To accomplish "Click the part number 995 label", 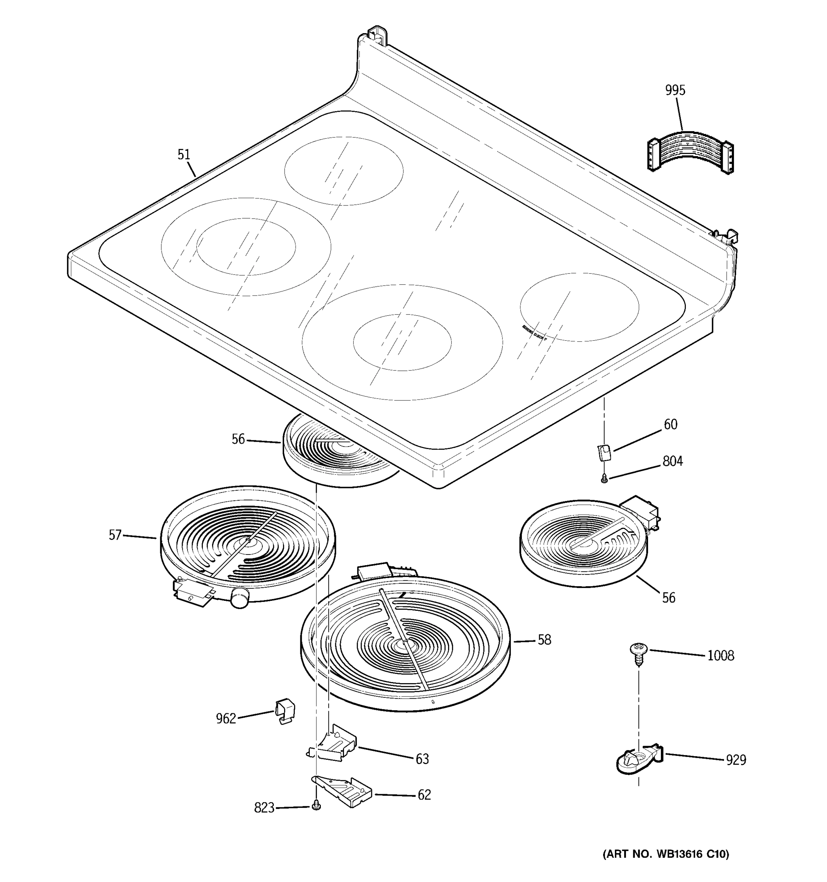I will click(x=675, y=90).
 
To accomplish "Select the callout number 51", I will click(x=184, y=154).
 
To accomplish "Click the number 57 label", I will click(x=115, y=535).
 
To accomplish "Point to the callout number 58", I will click(x=544, y=640).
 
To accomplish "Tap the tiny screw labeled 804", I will click(x=604, y=479).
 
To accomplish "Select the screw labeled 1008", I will click(x=638, y=654).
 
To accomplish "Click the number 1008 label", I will click(x=720, y=655).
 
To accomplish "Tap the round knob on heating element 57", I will click(x=240, y=598).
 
